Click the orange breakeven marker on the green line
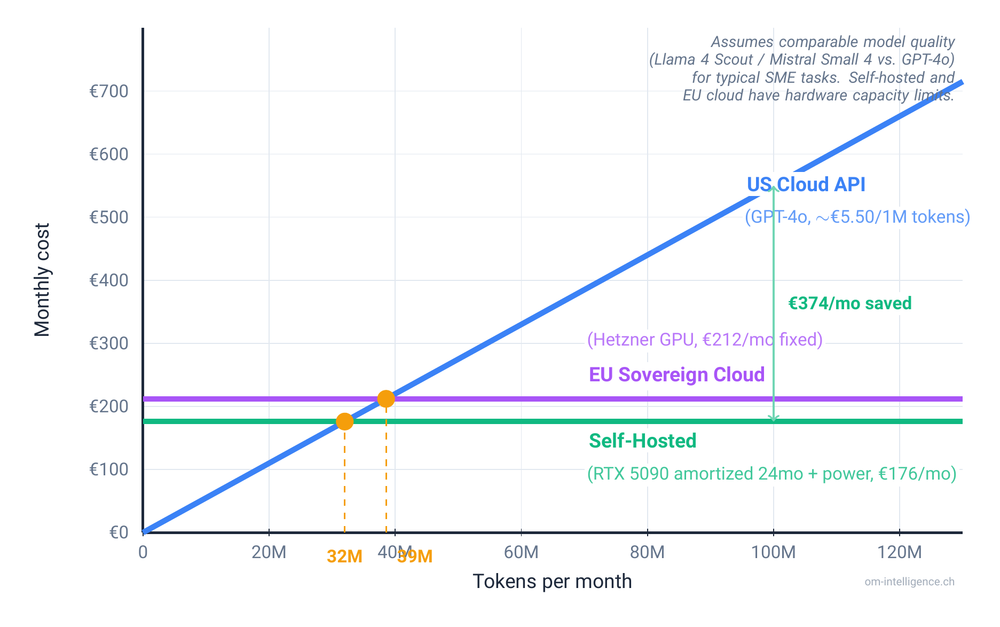pos(344,421)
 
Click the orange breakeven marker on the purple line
pos(385,398)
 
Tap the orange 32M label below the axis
pos(344,557)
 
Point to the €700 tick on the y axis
pos(109,91)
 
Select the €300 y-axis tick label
pos(109,343)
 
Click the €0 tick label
pos(119,532)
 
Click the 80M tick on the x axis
pos(647,552)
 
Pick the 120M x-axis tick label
pos(899,552)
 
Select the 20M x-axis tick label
pos(269,552)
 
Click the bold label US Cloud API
pos(806,184)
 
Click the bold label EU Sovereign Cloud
pos(676,374)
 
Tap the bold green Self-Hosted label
pos(642,441)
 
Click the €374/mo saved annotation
pos(849,303)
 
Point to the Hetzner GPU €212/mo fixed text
pos(704,339)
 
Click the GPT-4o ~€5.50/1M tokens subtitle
pos(857,216)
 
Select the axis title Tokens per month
pos(552,581)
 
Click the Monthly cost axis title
pos(42,280)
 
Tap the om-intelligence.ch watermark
pos(909,582)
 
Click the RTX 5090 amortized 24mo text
pos(771,473)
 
